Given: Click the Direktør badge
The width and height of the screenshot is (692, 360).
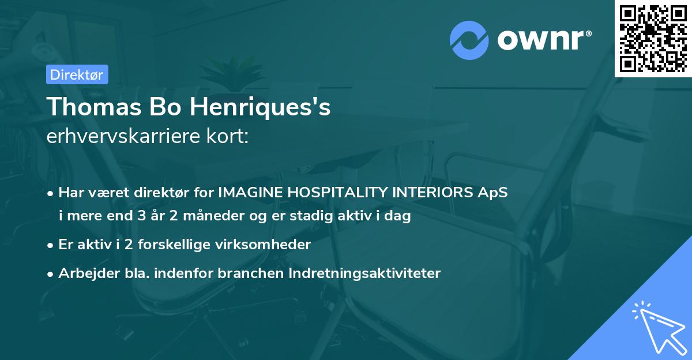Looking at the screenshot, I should [x=76, y=74].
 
